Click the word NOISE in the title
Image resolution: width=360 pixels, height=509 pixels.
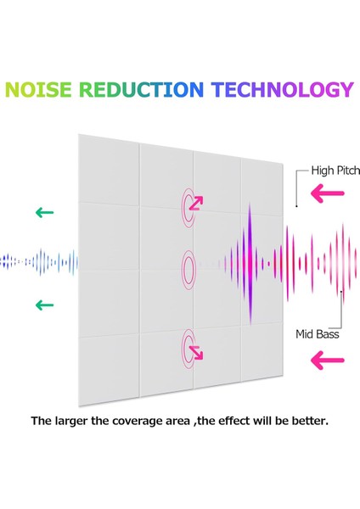coord(38,90)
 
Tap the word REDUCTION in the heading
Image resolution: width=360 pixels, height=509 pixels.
coord(141,90)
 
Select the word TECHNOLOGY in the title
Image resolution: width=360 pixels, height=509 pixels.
coord(283,90)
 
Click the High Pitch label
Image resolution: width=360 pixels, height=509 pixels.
coord(335,171)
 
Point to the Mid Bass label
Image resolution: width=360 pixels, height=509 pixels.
coord(317,334)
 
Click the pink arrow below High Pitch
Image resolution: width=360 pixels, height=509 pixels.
coord(327,193)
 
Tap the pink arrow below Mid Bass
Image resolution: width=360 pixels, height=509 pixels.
coord(327,360)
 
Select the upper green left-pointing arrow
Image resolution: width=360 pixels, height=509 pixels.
coord(44,213)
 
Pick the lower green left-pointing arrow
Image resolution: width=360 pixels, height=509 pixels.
coord(44,305)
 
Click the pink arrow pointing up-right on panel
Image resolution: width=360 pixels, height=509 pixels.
coord(196,204)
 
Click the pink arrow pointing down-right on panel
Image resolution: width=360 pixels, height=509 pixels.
coord(196,353)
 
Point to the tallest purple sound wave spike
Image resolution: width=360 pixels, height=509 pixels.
coord(250,264)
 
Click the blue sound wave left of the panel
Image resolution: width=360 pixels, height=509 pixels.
coord(39,261)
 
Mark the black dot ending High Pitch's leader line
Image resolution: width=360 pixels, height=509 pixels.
coord(296,206)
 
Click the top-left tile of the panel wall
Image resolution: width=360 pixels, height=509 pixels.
coord(109,171)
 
